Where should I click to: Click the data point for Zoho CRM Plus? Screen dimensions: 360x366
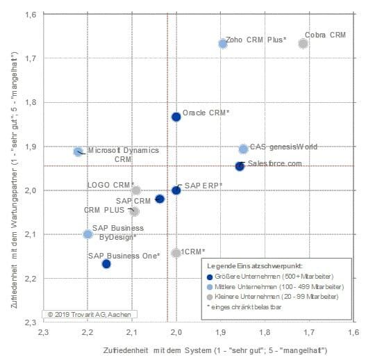[x=223, y=43]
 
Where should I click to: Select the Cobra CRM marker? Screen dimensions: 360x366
[x=303, y=43]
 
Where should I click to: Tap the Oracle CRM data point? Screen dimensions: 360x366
[x=176, y=117]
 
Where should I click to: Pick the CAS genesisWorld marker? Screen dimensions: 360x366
[x=243, y=149]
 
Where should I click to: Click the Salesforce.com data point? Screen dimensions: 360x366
[x=240, y=166]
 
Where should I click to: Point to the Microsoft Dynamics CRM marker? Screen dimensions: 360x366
[x=78, y=152]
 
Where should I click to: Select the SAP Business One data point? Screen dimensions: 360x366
[x=106, y=263]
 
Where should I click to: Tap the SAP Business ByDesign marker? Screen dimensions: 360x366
[x=88, y=234]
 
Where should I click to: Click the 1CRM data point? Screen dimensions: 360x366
[x=176, y=253]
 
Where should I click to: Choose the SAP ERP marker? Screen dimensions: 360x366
[x=176, y=190]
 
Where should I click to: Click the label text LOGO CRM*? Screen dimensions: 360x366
[x=110, y=185]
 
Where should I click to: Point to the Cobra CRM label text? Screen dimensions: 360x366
[x=325, y=35]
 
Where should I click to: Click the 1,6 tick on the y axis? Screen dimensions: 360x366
[x=32, y=14]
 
